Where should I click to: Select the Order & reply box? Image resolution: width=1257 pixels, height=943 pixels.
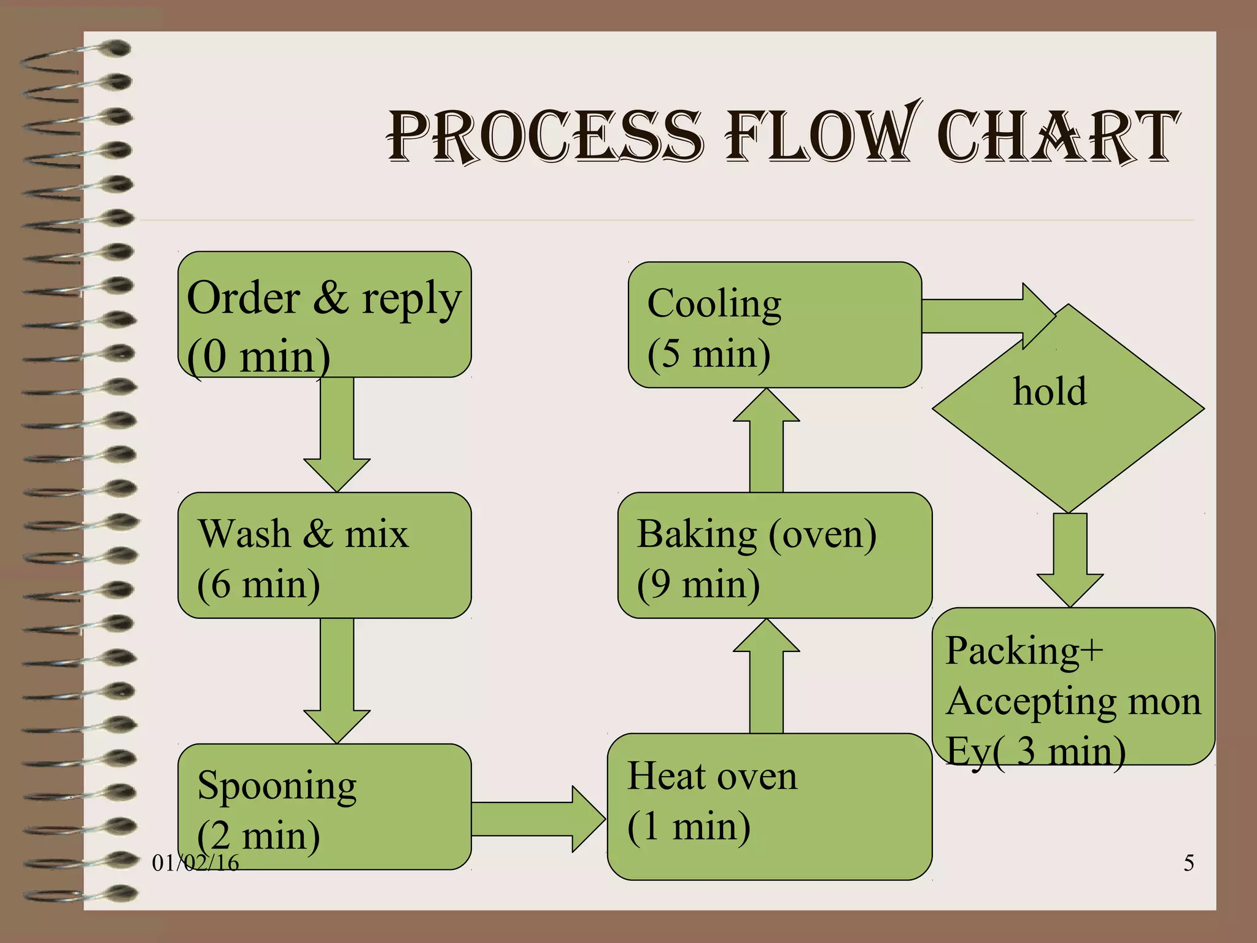[324, 314]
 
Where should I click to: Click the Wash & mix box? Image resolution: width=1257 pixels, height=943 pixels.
[324, 556]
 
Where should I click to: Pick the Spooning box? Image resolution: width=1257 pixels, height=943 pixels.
[324, 807]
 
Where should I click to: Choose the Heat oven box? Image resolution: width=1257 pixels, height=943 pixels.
[770, 807]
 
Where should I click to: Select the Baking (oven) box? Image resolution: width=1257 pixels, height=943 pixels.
[775, 556]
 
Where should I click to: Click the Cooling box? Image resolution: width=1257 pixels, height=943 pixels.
[775, 325]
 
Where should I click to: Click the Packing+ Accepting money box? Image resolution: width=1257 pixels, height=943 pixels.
[1073, 686]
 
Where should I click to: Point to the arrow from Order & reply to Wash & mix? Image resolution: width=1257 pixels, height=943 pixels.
[337, 433]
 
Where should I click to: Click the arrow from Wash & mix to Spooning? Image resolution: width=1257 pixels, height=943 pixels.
[337, 678]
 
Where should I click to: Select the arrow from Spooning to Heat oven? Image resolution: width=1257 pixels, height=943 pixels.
[537, 819]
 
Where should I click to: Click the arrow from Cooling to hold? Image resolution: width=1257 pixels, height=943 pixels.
[982, 316]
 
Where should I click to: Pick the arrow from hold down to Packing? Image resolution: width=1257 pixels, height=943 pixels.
[1070, 559]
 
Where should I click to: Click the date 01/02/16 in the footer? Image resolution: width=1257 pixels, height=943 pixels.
[195, 863]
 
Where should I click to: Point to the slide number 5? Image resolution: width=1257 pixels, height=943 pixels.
[1189, 863]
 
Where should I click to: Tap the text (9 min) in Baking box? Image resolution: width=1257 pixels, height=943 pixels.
[698, 584]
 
